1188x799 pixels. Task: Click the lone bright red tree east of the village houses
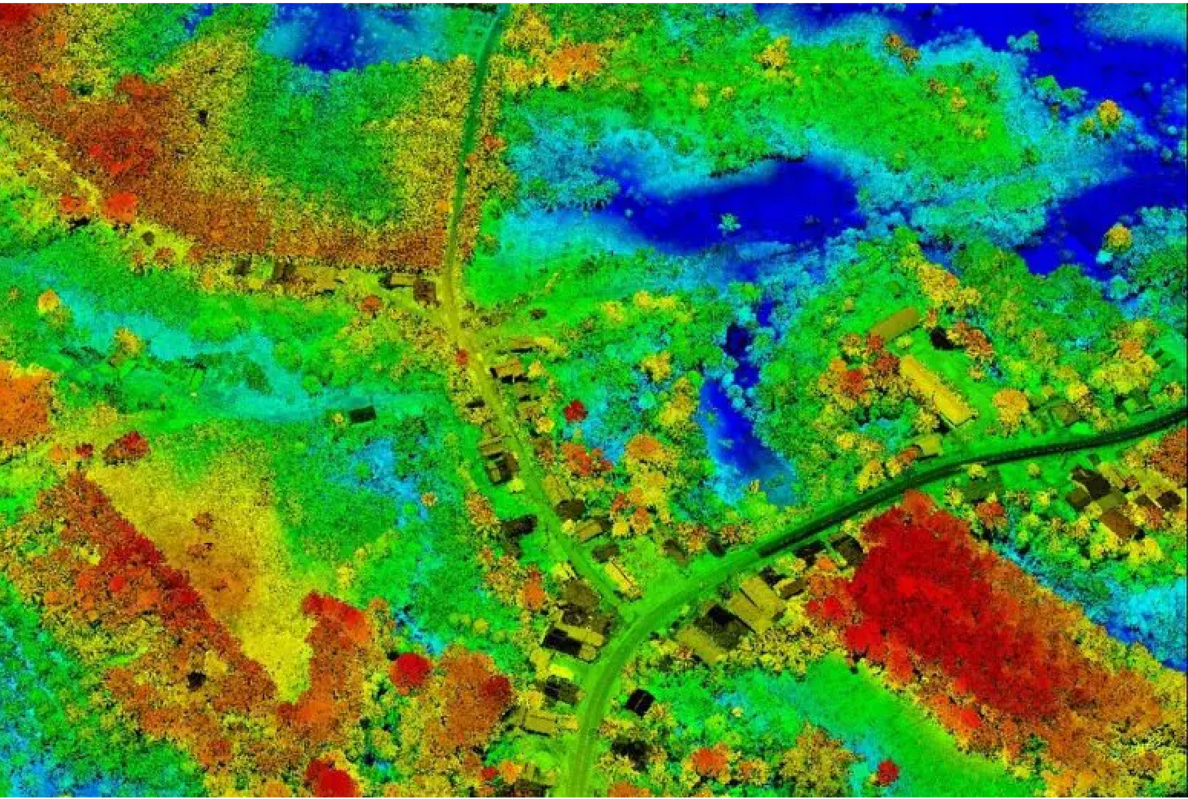[x=575, y=410]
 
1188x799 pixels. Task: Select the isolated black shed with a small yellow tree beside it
[x=362, y=415]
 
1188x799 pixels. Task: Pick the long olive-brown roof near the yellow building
[x=894, y=324]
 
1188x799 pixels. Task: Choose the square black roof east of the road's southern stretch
[x=639, y=701]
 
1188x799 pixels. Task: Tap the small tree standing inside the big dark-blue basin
[x=728, y=223]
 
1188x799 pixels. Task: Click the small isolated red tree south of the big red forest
[x=887, y=770]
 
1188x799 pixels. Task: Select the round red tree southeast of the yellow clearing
[x=411, y=670]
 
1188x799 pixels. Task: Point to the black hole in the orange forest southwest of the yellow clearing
[x=196, y=679]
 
